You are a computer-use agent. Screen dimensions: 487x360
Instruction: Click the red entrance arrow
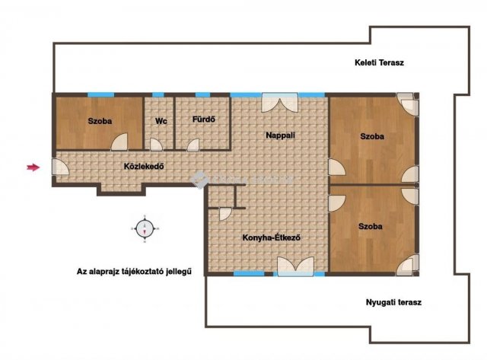click(33, 167)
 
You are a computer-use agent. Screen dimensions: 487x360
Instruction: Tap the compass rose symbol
click(145, 228)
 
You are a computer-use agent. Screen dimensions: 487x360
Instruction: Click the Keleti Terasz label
click(379, 62)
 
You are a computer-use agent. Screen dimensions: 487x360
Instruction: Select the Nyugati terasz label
click(393, 302)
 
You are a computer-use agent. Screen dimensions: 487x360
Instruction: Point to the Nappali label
click(281, 135)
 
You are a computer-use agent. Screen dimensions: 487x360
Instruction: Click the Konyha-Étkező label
click(272, 238)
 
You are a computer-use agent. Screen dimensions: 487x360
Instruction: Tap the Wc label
click(161, 121)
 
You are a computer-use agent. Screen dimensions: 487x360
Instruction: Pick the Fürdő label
click(204, 119)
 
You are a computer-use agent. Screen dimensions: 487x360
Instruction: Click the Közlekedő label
click(144, 166)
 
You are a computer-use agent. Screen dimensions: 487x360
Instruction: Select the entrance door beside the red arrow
click(60, 167)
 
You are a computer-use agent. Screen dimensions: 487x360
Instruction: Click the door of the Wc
click(156, 145)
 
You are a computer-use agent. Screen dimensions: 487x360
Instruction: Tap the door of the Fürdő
click(193, 145)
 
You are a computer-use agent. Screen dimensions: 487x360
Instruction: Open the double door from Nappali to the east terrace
click(280, 102)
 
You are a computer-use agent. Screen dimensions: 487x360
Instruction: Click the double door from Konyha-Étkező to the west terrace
click(295, 266)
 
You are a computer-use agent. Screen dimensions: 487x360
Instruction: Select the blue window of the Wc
click(158, 94)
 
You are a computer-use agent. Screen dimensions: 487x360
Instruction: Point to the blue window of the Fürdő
click(203, 94)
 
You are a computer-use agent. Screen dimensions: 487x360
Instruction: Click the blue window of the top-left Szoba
click(100, 94)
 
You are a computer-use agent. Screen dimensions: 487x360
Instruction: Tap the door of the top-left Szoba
click(119, 142)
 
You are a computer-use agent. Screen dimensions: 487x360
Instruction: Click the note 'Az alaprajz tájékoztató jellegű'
click(134, 272)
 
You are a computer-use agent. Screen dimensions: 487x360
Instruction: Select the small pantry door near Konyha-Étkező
click(225, 214)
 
